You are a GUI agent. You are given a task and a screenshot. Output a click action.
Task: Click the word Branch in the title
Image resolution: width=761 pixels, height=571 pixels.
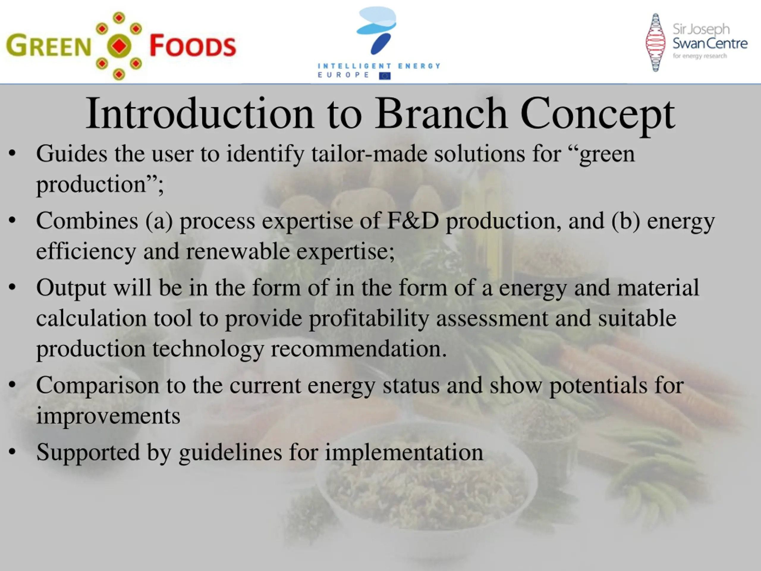(x=441, y=113)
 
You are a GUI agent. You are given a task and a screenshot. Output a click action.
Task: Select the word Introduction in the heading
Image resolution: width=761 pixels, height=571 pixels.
(x=200, y=113)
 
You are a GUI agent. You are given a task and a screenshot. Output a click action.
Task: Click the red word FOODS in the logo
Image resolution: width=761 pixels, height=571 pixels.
(x=193, y=46)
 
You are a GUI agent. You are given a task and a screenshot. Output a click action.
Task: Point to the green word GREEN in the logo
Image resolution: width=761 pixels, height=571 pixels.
(x=48, y=46)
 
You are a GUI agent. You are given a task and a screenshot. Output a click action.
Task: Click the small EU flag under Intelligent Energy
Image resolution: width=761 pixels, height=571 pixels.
(x=385, y=76)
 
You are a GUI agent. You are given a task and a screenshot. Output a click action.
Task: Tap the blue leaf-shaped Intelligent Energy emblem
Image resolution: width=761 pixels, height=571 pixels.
(x=376, y=31)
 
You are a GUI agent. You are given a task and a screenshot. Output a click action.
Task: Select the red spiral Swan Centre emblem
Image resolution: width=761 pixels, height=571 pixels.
(x=655, y=42)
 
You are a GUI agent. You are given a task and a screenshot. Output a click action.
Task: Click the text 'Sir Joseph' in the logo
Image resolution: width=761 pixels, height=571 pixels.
(x=701, y=30)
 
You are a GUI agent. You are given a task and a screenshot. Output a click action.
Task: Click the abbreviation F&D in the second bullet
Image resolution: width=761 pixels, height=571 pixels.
(x=413, y=221)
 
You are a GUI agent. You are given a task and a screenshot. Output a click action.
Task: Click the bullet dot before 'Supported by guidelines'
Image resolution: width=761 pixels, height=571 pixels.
(x=12, y=451)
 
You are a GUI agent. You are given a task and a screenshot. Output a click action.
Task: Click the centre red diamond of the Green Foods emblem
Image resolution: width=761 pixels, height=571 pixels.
(x=119, y=46)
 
